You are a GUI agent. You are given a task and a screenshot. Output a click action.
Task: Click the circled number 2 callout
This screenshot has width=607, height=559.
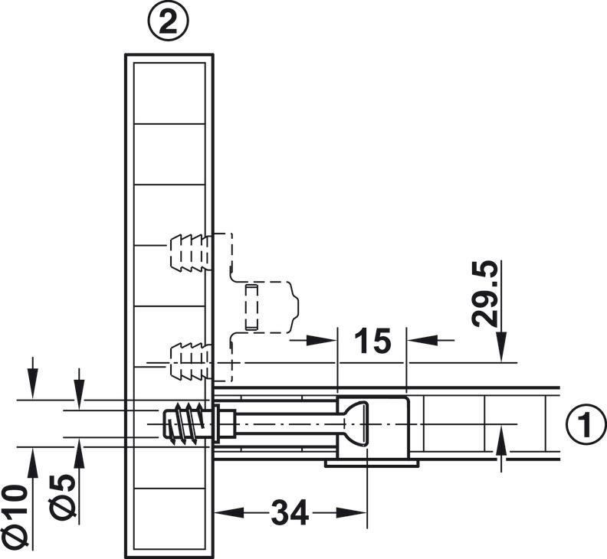coord(168,24)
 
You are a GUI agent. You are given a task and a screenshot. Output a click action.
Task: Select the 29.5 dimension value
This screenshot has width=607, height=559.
coord(486,294)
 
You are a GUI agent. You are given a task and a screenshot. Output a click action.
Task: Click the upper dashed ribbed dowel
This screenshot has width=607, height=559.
coord(188,250)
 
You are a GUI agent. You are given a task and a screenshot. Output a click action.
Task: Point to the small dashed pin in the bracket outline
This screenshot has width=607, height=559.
coord(251,306)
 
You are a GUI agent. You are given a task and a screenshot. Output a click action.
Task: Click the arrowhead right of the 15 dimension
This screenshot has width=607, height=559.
coord(416,338)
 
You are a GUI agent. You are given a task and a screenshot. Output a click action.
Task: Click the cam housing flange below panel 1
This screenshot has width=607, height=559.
coord(371,463)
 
